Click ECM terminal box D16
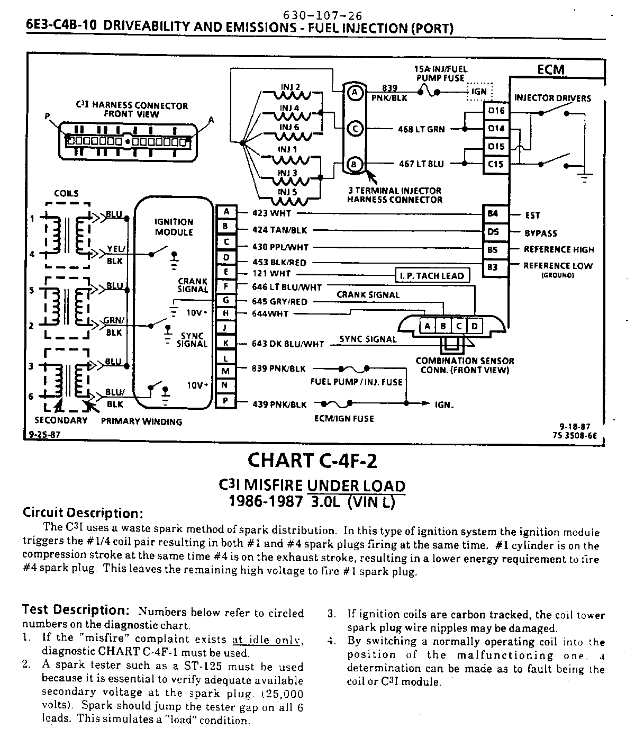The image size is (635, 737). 496,111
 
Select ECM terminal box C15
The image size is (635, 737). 496,164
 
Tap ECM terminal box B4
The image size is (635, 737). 493,214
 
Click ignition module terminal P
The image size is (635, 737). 225,401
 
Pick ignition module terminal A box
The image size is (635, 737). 226,212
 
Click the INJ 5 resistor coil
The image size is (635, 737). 290,200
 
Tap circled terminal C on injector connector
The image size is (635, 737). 355,129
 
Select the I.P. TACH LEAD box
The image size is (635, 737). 432,275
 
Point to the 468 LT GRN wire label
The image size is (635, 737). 421,129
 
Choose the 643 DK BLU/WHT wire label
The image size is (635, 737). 287,344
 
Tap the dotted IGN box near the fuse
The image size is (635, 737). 479,92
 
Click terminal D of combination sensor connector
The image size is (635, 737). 475,326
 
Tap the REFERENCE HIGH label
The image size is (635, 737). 559,249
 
